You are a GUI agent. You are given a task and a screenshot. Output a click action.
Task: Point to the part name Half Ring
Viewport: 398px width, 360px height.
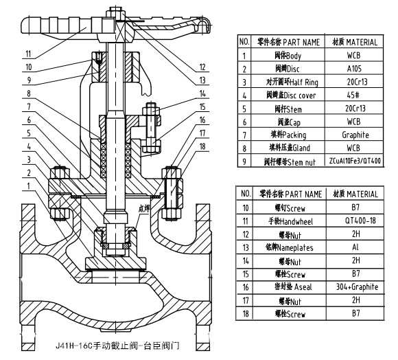[288, 82]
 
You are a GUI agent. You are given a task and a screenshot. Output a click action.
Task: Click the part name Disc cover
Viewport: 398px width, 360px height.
[288, 95]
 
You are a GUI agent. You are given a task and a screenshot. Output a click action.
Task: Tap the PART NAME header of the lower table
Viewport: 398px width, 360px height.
[288, 194]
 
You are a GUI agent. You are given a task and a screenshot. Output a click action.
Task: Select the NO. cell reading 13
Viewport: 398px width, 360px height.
[243, 246]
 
